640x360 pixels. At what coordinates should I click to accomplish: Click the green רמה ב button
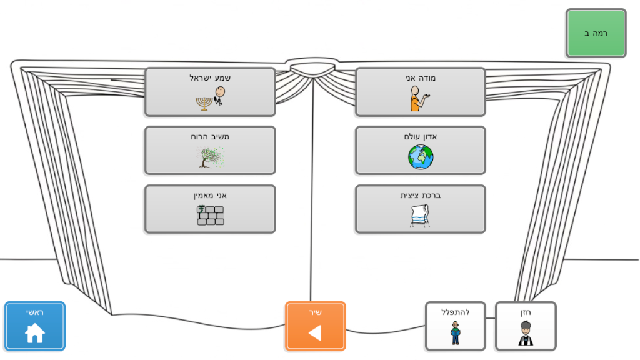pyautogui.click(x=596, y=33)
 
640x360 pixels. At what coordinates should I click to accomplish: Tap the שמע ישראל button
pyautogui.click(x=210, y=92)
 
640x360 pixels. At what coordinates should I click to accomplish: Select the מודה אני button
pyautogui.click(x=420, y=92)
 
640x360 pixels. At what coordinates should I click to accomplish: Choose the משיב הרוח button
pyautogui.click(x=210, y=150)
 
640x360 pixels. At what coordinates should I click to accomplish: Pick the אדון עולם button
pyautogui.click(x=420, y=150)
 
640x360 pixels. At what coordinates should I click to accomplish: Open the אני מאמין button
pyautogui.click(x=210, y=209)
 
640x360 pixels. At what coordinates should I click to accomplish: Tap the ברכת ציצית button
pyautogui.click(x=420, y=209)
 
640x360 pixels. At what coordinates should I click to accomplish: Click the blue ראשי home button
pyautogui.click(x=35, y=326)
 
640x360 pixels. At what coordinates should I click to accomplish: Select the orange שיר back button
pyautogui.click(x=315, y=326)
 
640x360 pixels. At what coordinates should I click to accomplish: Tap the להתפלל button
pyautogui.click(x=455, y=326)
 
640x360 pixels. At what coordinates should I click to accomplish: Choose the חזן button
pyautogui.click(x=525, y=326)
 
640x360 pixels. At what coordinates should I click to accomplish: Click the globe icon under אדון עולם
pyautogui.click(x=420, y=157)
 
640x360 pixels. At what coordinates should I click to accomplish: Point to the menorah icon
pyautogui.click(x=202, y=102)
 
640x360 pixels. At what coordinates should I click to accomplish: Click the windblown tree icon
pyautogui.click(x=210, y=157)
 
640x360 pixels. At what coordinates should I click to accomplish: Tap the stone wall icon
pyautogui.click(x=210, y=215)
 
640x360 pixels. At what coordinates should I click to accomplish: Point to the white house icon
pyautogui.click(x=35, y=333)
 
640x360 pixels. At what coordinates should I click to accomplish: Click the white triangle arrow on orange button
pyautogui.click(x=315, y=333)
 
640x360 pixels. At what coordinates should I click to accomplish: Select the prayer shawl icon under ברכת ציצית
pyautogui.click(x=420, y=216)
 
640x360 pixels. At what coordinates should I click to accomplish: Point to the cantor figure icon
pyautogui.click(x=525, y=333)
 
